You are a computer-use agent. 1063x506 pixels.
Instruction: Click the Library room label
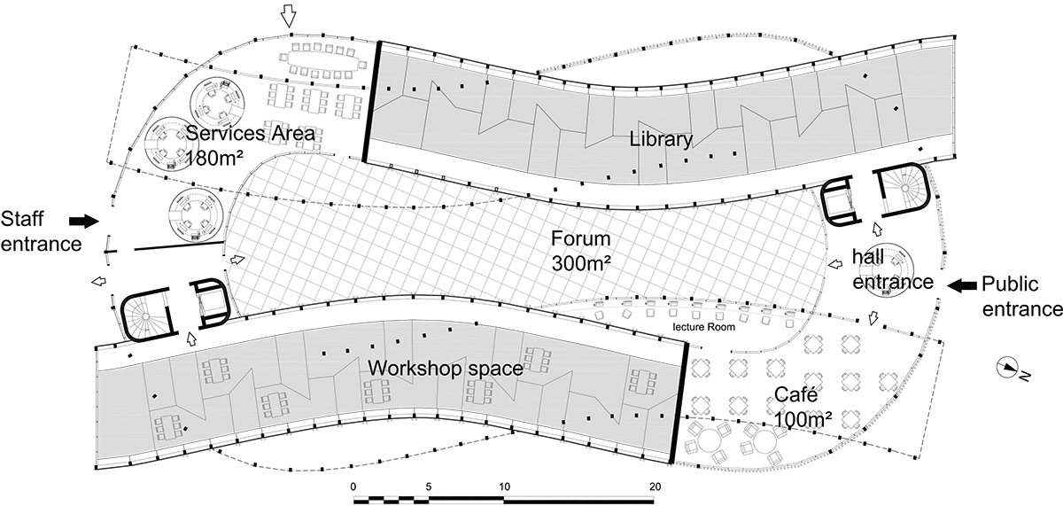coord(661,139)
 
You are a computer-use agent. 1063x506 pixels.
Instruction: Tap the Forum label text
coord(580,238)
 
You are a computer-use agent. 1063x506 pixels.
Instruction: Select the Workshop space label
coord(445,369)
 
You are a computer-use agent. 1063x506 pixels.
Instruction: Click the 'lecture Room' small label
coord(703,327)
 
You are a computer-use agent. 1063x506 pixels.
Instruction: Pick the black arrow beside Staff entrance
coord(84,221)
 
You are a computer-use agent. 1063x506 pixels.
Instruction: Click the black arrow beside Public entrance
coord(962,284)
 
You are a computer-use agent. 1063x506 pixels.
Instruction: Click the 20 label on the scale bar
coord(655,487)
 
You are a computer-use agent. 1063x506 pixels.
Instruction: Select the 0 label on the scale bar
coord(353,487)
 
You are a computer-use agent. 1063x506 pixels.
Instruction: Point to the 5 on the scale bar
coord(429,487)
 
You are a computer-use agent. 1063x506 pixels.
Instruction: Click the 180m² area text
coord(213,159)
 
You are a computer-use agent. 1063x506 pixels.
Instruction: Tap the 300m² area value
coord(581,263)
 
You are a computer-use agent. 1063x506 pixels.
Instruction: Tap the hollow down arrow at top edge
coord(288,17)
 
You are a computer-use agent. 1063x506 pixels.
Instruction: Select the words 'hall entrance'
coord(893,269)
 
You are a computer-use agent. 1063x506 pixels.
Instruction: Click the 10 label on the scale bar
coord(504,487)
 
